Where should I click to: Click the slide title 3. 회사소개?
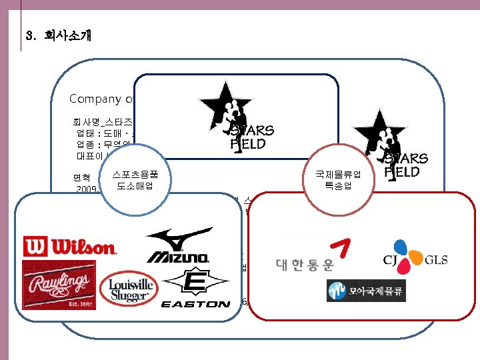click(x=56, y=35)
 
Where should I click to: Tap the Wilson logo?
click(x=69, y=247)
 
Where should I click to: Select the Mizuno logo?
click(x=179, y=245)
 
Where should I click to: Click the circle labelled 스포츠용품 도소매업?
click(x=135, y=180)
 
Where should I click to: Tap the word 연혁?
click(x=82, y=178)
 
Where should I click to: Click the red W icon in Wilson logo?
click(x=34, y=247)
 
